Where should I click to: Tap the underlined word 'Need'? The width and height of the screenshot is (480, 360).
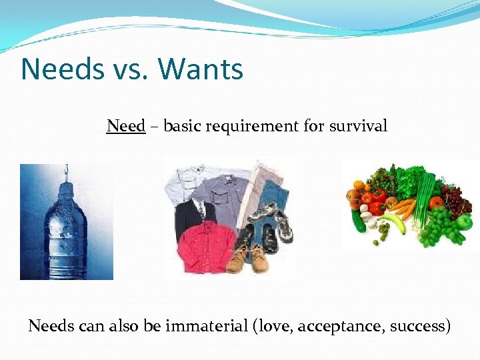pos(125,125)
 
